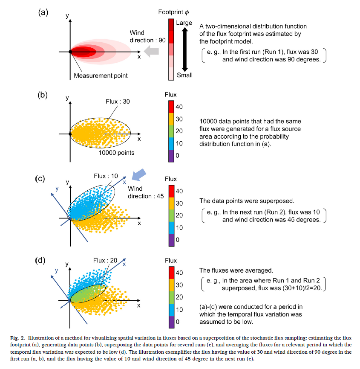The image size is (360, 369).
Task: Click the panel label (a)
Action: tap(43, 12)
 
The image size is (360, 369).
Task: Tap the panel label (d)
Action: tap(40, 261)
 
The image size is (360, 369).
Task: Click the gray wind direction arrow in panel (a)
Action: tap(151, 52)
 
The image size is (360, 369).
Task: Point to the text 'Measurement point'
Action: tap(101, 76)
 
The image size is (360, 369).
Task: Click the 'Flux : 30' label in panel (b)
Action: tap(118, 102)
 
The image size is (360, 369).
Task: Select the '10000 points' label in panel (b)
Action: tap(117, 152)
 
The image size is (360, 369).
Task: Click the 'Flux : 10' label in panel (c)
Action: tap(106, 176)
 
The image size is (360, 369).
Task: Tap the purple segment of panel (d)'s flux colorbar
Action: tap(170, 321)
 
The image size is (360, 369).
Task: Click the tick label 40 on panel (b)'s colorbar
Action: tap(179, 107)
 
